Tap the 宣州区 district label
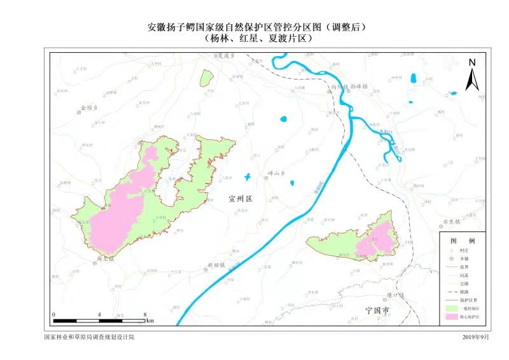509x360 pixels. click(x=241, y=199)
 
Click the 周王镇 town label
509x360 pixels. click(x=105, y=260)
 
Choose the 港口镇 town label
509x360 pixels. click(x=395, y=296)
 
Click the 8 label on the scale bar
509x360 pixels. click(x=146, y=315)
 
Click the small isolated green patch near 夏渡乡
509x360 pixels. click(x=206, y=78)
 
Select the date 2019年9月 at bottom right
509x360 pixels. click(x=477, y=336)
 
